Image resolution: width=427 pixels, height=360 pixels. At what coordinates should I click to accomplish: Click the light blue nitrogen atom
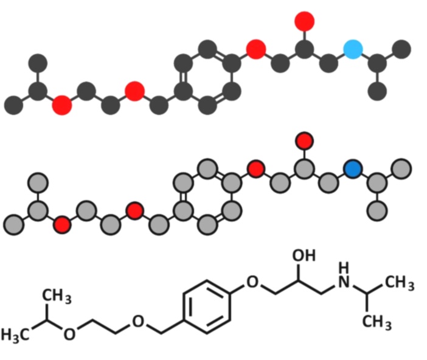[x=353, y=50]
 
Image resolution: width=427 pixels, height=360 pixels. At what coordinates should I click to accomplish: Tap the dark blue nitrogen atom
[x=353, y=169]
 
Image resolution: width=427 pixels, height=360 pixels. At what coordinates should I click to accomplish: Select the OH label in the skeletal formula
[x=304, y=255]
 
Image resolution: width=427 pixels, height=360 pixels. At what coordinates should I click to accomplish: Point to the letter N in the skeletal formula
[x=344, y=282]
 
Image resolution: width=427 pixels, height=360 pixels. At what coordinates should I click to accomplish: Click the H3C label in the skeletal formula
[x=16, y=334]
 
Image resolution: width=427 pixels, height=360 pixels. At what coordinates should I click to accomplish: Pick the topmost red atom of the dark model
[x=305, y=21]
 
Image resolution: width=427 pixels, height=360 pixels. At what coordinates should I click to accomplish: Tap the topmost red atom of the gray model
[x=305, y=141]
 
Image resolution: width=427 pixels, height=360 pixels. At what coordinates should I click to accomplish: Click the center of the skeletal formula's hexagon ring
[x=207, y=306]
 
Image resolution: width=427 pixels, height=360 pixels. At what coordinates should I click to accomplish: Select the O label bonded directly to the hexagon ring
[x=252, y=282]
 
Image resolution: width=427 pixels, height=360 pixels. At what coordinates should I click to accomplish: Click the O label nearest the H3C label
[x=69, y=334]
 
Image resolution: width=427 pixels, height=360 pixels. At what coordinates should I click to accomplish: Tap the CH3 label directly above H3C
[x=57, y=296]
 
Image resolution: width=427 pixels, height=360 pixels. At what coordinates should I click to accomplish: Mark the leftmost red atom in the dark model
[x=62, y=105]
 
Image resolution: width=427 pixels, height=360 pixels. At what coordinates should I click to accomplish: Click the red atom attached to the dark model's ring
[x=256, y=50]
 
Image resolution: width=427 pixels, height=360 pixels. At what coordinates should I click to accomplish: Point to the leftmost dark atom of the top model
[x=13, y=105]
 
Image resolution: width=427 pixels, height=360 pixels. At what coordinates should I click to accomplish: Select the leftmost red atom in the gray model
[x=62, y=225]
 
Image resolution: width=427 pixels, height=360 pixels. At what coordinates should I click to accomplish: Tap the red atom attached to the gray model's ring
[x=256, y=169]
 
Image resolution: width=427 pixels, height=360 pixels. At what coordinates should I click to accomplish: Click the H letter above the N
[x=344, y=268]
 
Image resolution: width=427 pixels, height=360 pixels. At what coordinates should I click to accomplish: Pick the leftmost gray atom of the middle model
[x=13, y=225]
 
